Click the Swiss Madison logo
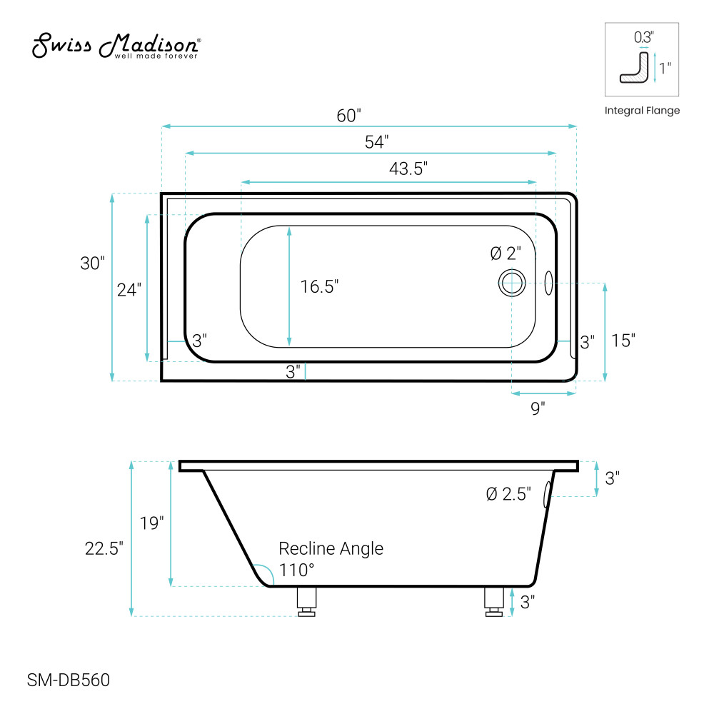pyautogui.click(x=116, y=46)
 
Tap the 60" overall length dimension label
pyautogui.click(x=349, y=116)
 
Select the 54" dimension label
pyautogui.click(x=376, y=142)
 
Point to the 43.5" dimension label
pyautogui.click(x=408, y=169)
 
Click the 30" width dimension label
pyautogui.click(x=92, y=263)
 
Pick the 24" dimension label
pyautogui.click(x=129, y=290)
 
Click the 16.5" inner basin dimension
pyautogui.click(x=319, y=286)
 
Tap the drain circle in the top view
pyautogui.click(x=512, y=283)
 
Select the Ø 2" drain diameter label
pyautogui.click(x=506, y=253)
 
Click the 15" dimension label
pyautogui.click(x=623, y=340)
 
